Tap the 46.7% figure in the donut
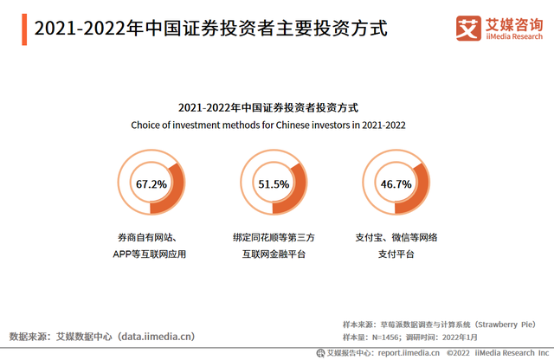(396, 184)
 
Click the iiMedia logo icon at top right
(469, 29)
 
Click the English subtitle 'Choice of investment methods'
(268, 125)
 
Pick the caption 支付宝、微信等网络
(396, 237)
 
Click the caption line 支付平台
(396, 254)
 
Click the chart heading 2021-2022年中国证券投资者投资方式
(268, 107)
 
